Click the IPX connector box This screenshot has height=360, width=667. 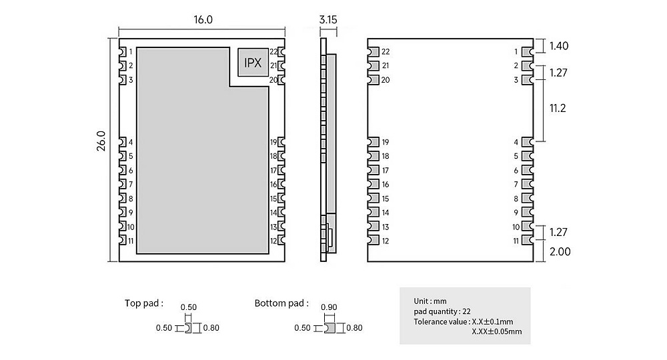point(253,63)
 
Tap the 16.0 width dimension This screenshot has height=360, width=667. point(203,20)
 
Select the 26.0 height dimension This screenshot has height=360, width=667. point(101,141)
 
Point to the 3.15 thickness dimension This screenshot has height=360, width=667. point(328,20)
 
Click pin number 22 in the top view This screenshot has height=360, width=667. point(273,51)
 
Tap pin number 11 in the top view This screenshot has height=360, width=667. point(131,241)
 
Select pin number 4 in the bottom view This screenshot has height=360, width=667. point(516,142)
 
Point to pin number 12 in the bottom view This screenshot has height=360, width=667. point(385,241)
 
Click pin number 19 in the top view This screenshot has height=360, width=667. point(273,142)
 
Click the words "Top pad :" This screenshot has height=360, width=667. point(144,303)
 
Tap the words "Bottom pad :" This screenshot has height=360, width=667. point(281,303)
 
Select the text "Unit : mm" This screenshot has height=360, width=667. point(431,301)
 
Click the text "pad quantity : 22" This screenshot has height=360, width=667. point(442,311)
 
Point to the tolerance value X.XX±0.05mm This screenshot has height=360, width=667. point(496,331)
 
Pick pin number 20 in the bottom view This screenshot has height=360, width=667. point(385,80)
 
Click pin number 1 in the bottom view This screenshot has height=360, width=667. point(516,51)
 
